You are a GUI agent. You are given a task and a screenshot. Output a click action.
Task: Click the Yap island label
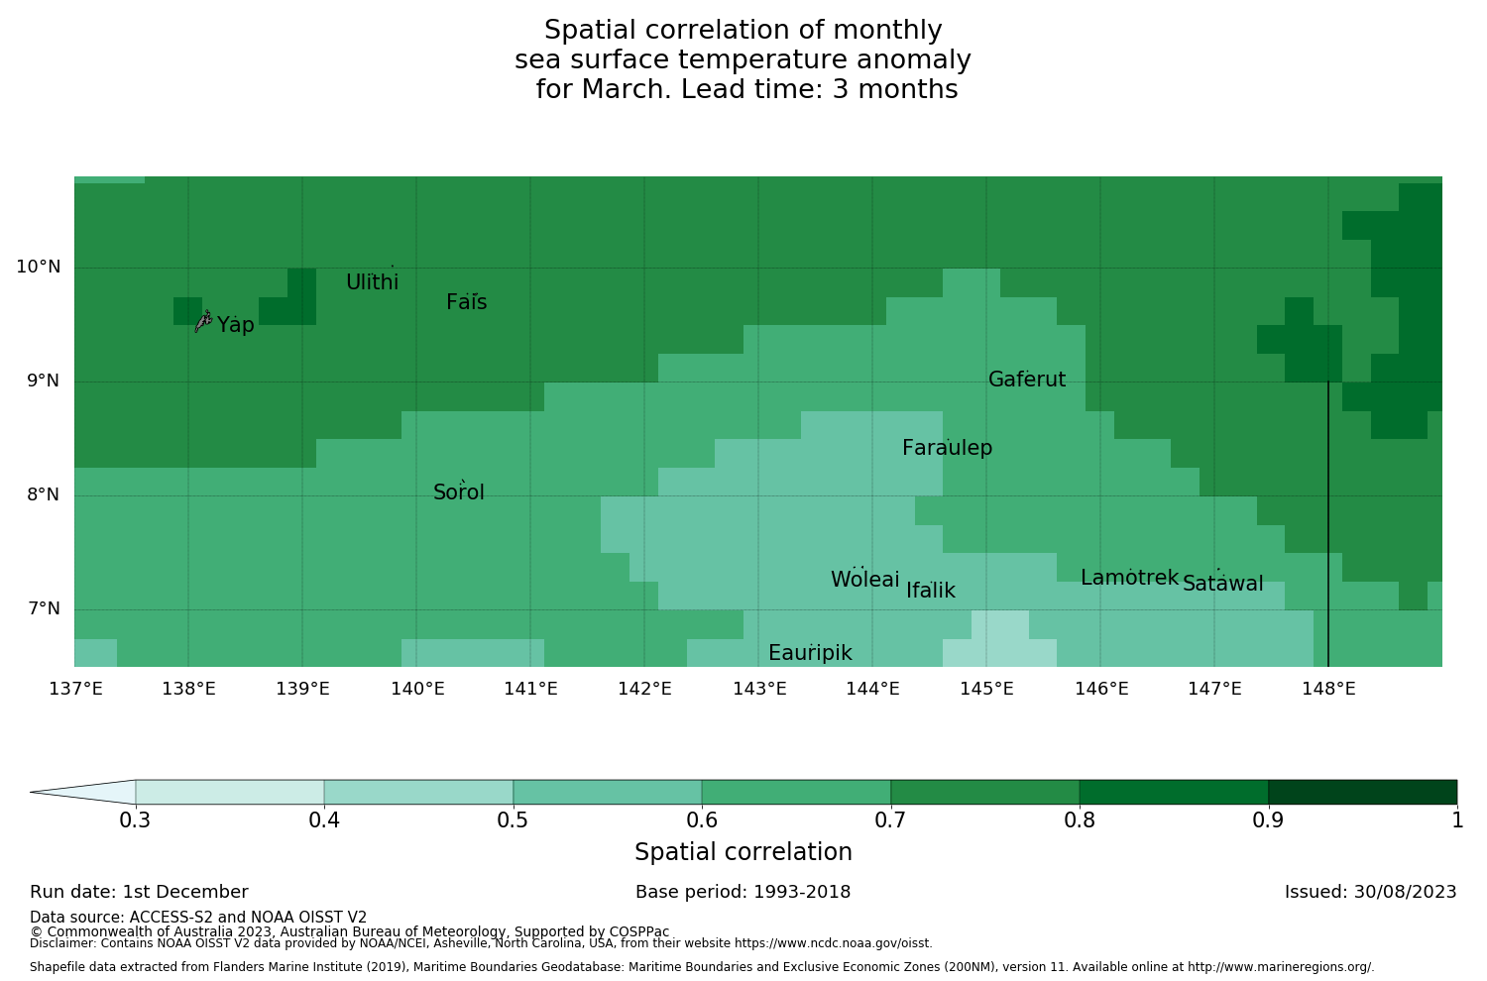pyautogui.click(x=236, y=326)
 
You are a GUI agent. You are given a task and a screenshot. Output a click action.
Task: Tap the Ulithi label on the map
pyautogui.click(x=372, y=283)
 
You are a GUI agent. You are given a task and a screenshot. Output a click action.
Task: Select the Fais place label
pyautogui.click(x=466, y=303)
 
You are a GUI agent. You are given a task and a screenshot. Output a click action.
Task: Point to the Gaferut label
pyautogui.click(x=1027, y=381)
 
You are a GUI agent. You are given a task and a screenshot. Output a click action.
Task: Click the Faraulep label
pyautogui.click(x=947, y=449)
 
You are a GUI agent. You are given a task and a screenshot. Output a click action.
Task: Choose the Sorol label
pyautogui.click(x=459, y=493)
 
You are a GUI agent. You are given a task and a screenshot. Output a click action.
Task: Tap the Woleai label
pyautogui.click(x=864, y=581)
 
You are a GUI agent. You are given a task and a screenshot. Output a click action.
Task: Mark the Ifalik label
pyautogui.click(x=931, y=592)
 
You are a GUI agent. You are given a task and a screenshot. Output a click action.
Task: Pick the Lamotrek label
pyautogui.click(x=1129, y=579)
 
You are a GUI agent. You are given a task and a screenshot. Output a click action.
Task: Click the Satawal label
pyautogui.click(x=1222, y=585)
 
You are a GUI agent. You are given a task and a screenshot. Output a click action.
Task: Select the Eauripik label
pyautogui.click(x=810, y=654)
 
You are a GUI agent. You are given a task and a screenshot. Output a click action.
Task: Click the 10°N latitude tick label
pyautogui.click(x=38, y=268)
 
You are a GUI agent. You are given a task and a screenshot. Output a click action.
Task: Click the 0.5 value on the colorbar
pyautogui.click(x=513, y=820)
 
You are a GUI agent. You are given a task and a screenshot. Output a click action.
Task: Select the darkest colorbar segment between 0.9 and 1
pyautogui.click(x=1362, y=793)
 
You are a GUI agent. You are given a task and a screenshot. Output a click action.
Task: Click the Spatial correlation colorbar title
pyautogui.click(x=743, y=853)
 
